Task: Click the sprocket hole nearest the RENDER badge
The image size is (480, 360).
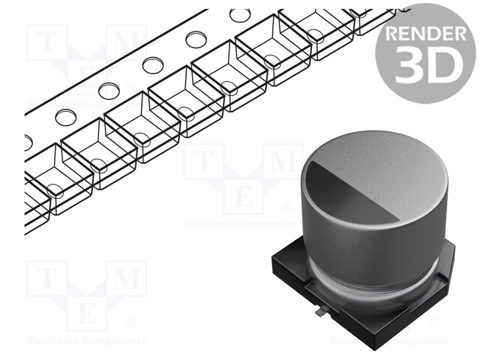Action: (240, 15)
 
